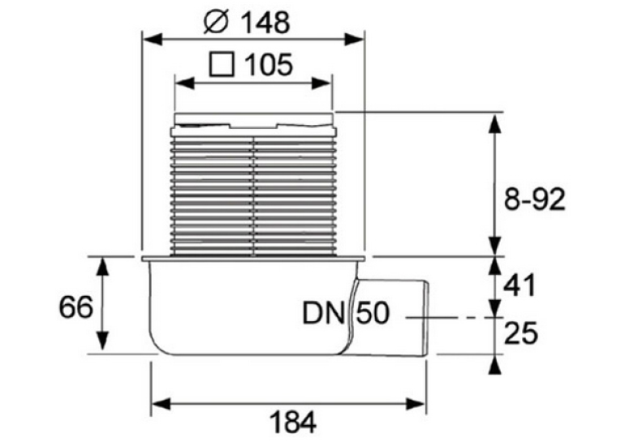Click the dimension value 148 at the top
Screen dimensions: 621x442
[265, 22]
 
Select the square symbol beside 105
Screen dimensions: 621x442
[222, 65]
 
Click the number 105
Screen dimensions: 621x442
[269, 65]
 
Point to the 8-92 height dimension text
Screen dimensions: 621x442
[534, 200]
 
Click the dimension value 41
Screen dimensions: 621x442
[520, 285]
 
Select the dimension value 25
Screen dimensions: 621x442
[521, 333]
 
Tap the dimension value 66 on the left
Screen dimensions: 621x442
[75, 307]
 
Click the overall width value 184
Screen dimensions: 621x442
[293, 423]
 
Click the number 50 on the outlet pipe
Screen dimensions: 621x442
[373, 313]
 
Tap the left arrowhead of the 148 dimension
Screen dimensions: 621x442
[153, 40]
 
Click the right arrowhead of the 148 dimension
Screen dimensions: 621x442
[354, 40]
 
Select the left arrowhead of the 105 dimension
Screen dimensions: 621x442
[185, 84]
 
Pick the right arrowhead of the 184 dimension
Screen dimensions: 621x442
[415, 404]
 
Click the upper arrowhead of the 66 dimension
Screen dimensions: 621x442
[103, 267]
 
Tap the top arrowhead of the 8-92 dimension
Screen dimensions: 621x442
[494, 123]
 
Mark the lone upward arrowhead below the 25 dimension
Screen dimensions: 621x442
[494, 365]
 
